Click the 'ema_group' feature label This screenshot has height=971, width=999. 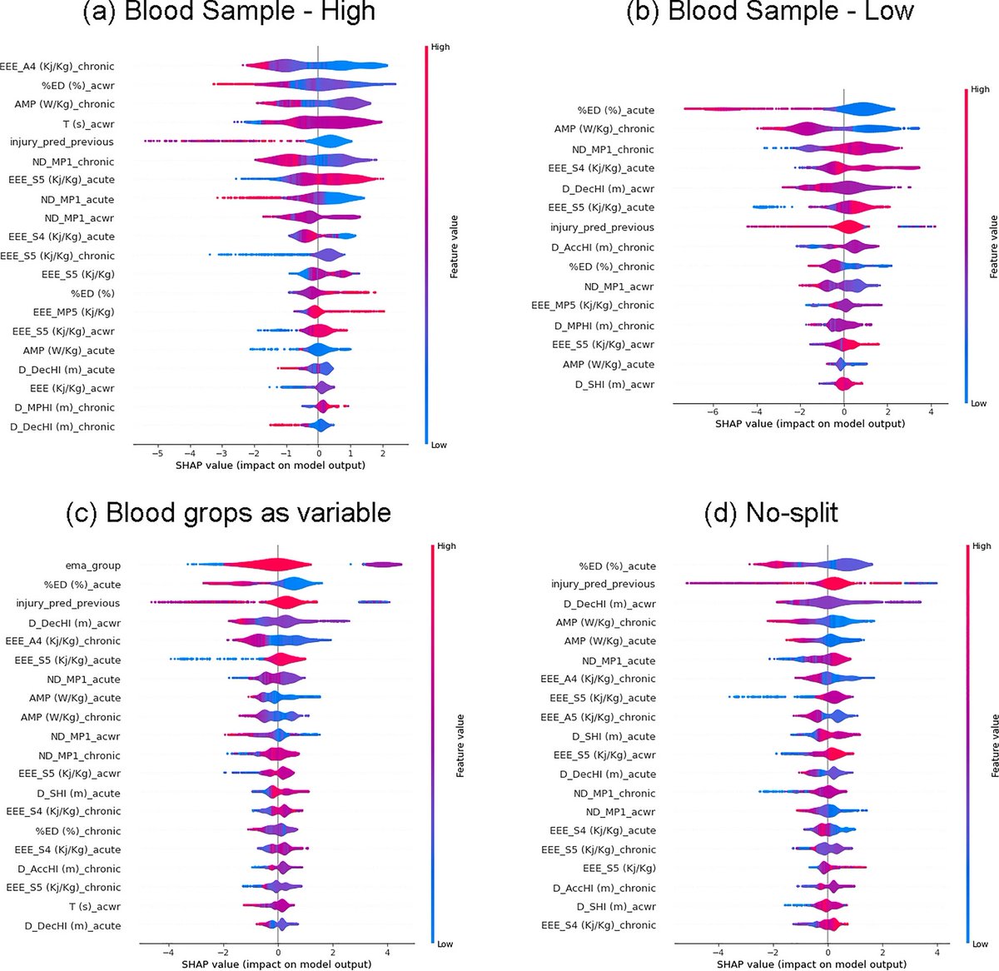pyautogui.click(x=93, y=565)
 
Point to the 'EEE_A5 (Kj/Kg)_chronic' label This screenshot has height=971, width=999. pyautogui.click(x=598, y=717)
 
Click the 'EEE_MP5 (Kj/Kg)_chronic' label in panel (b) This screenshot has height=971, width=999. pyautogui.click(x=593, y=306)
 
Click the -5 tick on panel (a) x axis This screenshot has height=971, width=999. pyautogui.click(x=157, y=452)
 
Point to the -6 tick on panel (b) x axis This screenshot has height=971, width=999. pyautogui.click(x=713, y=411)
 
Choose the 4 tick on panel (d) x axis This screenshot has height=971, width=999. pyautogui.click(x=937, y=952)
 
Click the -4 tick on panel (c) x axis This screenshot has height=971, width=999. pyautogui.click(x=167, y=952)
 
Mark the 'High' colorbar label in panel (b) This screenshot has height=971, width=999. pyautogui.click(x=980, y=89)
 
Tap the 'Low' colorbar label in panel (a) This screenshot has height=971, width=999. pyautogui.click(x=438, y=445)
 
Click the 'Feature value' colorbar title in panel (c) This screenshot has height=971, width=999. pyautogui.click(x=460, y=746)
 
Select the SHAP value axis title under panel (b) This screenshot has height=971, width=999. pyautogui.click(x=809, y=424)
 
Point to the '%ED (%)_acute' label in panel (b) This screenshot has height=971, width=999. pyautogui.click(x=616, y=110)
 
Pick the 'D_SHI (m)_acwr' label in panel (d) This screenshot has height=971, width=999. pyautogui.click(x=616, y=906)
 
